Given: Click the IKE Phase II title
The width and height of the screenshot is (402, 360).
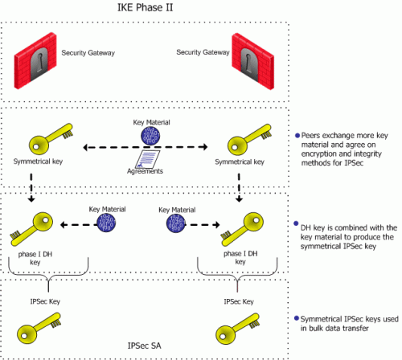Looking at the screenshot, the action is [x=145, y=7].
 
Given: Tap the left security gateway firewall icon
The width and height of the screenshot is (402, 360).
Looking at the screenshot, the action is [x=35, y=61].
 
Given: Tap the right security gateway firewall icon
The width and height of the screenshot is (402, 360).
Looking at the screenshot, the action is [x=253, y=61].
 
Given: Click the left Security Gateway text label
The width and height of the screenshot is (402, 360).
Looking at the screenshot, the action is [x=88, y=53].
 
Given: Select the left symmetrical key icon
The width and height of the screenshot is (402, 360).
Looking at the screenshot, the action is [x=51, y=139].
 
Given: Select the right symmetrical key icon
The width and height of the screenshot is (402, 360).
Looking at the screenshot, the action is [x=249, y=139].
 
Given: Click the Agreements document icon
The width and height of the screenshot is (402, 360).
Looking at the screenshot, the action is [x=147, y=159].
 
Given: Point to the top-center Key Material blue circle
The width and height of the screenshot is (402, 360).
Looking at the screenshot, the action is [x=150, y=136].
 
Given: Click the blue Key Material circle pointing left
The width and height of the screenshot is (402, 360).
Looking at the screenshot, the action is [x=106, y=223].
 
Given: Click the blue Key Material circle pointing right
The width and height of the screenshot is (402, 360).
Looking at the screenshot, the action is [x=176, y=223].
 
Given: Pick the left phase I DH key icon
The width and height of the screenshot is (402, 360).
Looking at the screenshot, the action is [x=31, y=229].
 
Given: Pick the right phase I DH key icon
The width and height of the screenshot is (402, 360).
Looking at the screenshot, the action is [x=242, y=229].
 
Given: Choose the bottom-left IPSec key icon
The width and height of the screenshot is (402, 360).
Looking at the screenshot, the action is [x=39, y=329].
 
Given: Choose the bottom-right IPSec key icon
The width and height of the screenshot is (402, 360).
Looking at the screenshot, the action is [x=237, y=329].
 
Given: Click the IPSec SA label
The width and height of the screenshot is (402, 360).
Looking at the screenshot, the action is [x=145, y=346].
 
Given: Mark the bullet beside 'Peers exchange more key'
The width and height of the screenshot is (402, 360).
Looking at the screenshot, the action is [x=297, y=136].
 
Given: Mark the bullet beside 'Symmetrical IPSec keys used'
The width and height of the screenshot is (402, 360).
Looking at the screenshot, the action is [x=297, y=318].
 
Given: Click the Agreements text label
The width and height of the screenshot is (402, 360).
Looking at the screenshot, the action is [x=145, y=171].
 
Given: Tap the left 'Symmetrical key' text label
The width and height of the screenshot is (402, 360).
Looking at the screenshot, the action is [x=38, y=162].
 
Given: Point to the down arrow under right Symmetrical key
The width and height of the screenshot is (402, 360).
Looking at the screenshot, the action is [x=239, y=187].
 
